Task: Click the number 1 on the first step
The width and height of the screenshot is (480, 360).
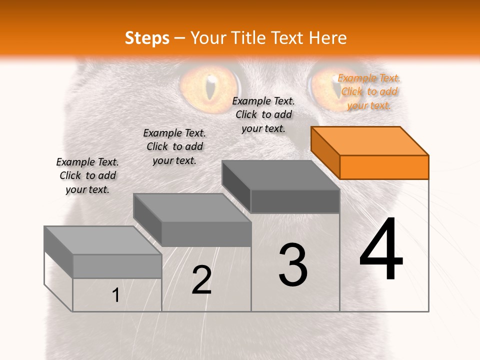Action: (x=116, y=295)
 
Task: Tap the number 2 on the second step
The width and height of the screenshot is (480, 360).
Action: (x=201, y=280)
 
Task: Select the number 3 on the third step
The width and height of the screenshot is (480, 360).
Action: (x=293, y=265)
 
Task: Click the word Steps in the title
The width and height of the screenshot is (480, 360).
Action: (x=147, y=37)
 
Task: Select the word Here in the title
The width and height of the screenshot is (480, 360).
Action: (x=328, y=37)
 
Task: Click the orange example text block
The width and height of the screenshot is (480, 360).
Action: (x=369, y=91)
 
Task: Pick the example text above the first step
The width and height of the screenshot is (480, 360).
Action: (x=87, y=175)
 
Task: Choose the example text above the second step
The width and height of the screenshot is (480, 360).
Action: (x=174, y=146)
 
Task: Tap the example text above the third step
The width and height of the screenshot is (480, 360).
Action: (x=263, y=114)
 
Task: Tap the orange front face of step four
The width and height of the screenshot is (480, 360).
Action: (x=384, y=167)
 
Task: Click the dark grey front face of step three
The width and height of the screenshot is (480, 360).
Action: (x=295, y=201)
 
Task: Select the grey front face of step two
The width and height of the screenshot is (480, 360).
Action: (x=206, y=234)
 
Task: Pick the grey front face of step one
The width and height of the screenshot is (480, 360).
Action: (x=117, y=266)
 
